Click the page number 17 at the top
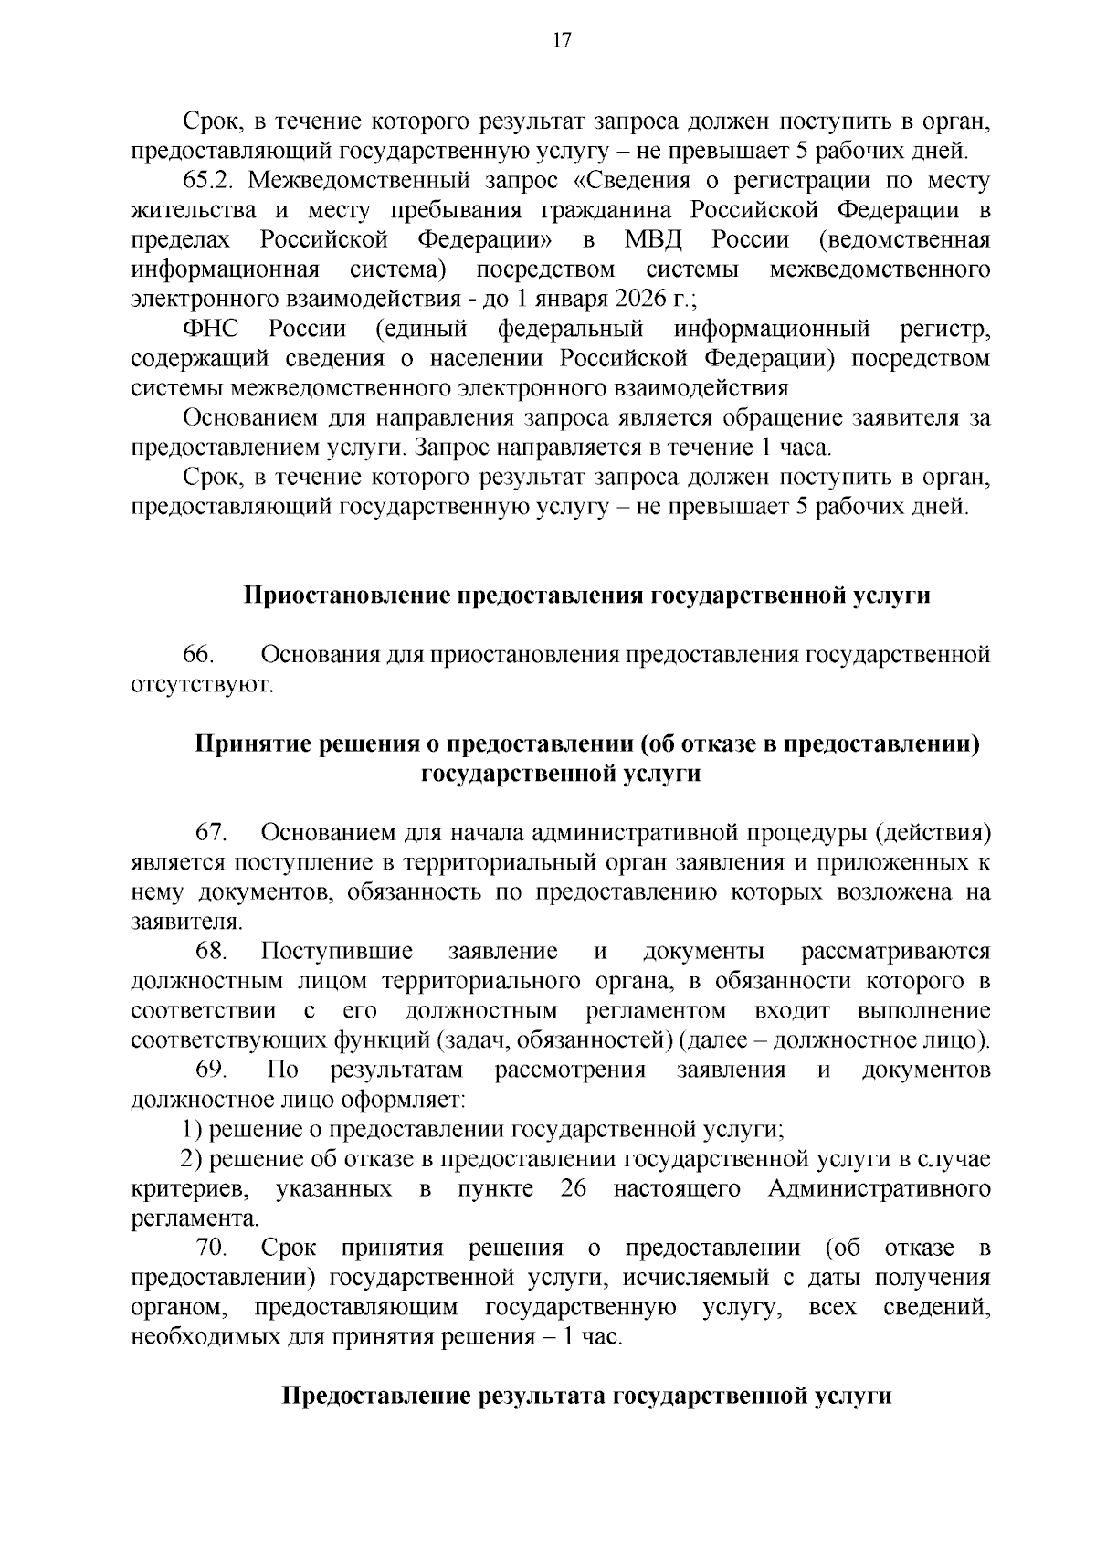click(561, 39)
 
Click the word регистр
click(944, 329)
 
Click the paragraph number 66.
click(198, 655)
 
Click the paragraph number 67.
click(212, 832)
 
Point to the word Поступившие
click(336, 951)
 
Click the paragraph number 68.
click(212, 951)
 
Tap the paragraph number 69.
click(212, 1070)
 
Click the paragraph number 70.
click(212, 1248)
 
